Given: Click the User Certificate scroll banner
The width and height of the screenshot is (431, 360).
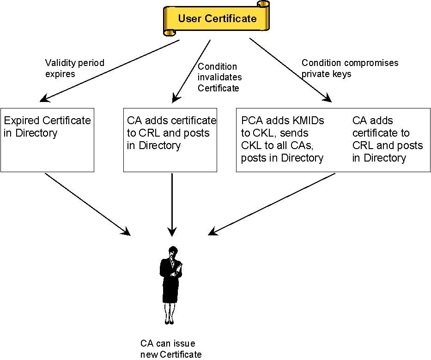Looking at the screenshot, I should point(216,19).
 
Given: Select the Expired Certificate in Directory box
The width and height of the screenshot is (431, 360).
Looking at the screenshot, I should point(47,140).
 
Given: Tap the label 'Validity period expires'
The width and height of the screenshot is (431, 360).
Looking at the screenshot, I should point(74,68).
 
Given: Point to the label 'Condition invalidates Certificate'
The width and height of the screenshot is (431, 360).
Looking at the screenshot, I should point(219,77).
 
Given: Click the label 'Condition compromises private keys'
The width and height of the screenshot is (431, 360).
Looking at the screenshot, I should point(350,68).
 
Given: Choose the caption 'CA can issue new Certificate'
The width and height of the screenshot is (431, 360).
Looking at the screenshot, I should point(171,349).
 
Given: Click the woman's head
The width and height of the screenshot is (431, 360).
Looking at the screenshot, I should point(173,252).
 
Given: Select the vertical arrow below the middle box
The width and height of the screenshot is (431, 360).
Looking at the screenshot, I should point(172,203).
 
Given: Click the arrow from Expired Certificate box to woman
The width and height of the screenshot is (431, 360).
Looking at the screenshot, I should point(87,204).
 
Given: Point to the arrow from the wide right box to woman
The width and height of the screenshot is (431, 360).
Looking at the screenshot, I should point(273,204).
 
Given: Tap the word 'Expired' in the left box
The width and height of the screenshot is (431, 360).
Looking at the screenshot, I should point(22,121).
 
